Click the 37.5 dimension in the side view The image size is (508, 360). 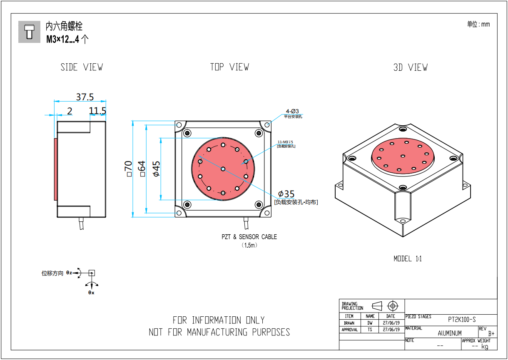tap(85, 97)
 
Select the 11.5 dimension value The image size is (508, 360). tap(97, 111)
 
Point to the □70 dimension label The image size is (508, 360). tap(129, 169)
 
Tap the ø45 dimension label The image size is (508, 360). tap(156, 169)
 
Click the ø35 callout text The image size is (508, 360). tap(286, 194)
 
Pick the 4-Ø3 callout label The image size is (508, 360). tap(292, 111)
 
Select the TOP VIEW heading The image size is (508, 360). tap(229, 67)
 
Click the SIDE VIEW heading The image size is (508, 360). tap(82, 67)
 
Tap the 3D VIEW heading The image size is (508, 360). tap(410, 67)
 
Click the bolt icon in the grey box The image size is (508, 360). tap(29, 32)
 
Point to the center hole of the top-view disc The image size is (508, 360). tap(223, 169)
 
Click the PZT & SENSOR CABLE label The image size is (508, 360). tap(249, 237)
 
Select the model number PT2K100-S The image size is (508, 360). tap(462, 320)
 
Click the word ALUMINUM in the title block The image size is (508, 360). tap(450, 333)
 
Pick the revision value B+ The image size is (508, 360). tap(491, 333)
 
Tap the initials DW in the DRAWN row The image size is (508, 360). tap(370, 323)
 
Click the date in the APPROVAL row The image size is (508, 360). tap(391, 330)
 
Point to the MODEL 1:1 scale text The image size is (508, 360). tap(408, 258)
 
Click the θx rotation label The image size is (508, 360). tap(91, 293)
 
